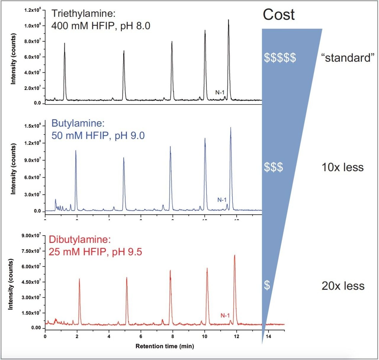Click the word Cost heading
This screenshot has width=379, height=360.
[279, 14]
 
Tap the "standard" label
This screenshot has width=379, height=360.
[348, 57]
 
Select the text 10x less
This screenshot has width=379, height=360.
[343, 167]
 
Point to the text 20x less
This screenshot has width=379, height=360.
[343, 286]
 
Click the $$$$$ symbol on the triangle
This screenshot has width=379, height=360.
[280, 58]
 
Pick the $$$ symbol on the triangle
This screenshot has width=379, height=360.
[273, 167]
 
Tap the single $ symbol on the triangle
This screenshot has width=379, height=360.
[267, 285]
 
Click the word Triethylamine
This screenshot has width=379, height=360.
[83, 14]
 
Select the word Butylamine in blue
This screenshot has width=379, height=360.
[78, 123]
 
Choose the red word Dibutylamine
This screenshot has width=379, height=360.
[80, 239]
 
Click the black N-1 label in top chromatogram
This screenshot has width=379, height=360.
[220, 93]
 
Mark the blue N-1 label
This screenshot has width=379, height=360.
[222, 200]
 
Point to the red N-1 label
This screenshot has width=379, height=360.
[225, 316]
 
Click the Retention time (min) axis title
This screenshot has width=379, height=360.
[165, 346]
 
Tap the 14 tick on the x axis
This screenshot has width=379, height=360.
[268, 336]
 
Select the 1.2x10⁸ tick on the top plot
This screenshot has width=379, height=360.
[32, 10]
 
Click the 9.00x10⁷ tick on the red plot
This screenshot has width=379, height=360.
[31, 235]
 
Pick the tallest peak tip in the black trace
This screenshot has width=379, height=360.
[228, 20]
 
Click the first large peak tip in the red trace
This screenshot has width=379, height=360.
[79, 279]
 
